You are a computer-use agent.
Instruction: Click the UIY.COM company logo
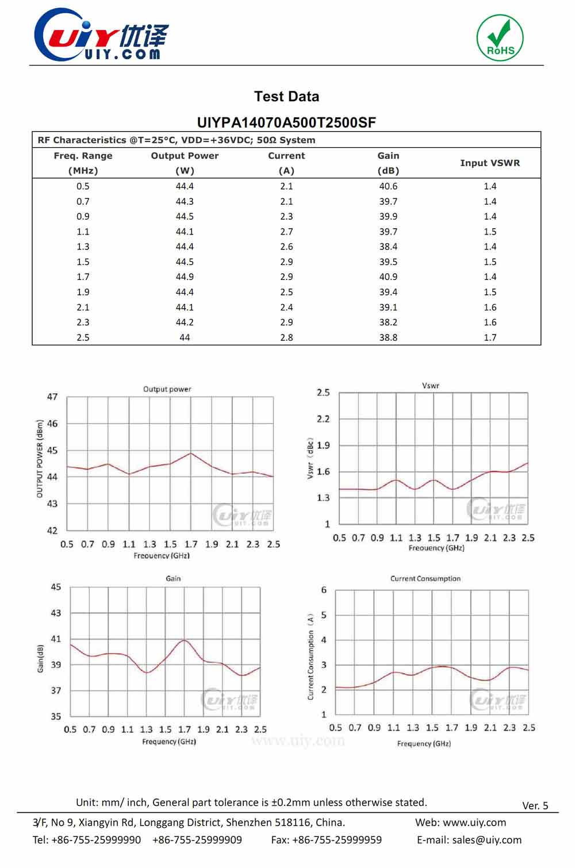pos(101,36)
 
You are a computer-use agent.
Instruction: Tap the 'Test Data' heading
pos(286,97)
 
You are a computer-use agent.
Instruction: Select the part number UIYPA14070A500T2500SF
pos(286,122)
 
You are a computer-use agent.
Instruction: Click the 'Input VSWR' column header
pos(489,163)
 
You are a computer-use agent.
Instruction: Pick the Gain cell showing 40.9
pos(388,276)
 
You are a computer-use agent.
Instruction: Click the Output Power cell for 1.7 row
pos(185,276)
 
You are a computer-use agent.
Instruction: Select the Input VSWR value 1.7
pos(490,337)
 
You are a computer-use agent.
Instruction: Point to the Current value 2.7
pos(286,232)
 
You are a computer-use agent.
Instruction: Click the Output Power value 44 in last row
pos(185,337)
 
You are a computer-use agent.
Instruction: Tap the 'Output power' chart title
pos(167,389)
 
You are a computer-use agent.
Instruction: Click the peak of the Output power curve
pos(191,454)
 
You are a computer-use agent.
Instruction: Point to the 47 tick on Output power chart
pos(52,397)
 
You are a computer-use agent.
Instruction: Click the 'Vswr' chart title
pos(430,386)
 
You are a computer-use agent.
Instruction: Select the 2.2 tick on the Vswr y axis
pos(323,419)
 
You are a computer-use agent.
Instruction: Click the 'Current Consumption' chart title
pos(425,579)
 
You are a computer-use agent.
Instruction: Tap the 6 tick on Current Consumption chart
pos(324,590)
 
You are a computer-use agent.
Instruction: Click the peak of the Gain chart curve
pos(184,640)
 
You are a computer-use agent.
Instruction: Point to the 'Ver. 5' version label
pos(535,805)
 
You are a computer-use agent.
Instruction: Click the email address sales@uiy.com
pos(486,840)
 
